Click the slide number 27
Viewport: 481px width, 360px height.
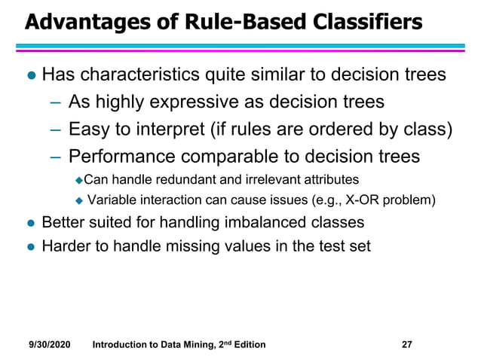click(406, 344)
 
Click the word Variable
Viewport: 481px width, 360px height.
click(111, 200)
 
